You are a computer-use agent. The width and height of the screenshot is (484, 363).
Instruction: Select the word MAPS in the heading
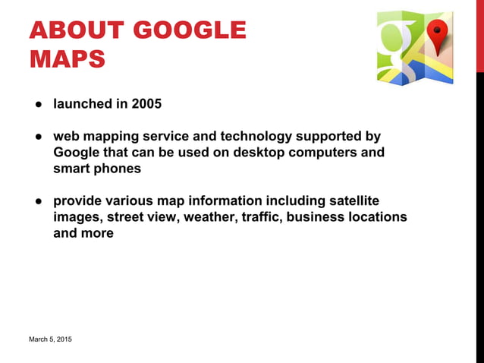click(67, 59)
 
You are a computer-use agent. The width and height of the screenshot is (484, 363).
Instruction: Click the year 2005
click(146, 104)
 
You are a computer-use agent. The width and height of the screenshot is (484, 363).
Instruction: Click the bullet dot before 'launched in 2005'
click(36, 105)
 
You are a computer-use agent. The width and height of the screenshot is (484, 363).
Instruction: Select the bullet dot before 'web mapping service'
click(36, 137)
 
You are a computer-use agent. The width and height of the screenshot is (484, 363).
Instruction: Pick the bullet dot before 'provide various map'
click(36, 201)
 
